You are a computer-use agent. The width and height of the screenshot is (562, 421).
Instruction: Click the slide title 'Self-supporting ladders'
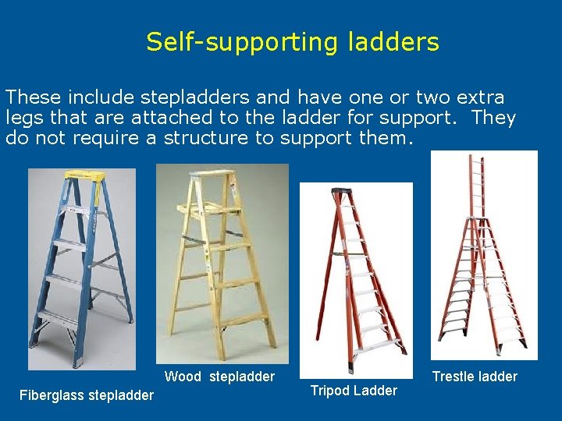(x=292, y=42)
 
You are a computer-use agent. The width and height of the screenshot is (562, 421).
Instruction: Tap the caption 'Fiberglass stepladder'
(x=86, y=395)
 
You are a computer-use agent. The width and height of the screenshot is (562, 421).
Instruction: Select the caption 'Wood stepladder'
(x=219, y=377)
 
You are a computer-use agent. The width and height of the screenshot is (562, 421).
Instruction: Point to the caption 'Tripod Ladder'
(x=354, y=391)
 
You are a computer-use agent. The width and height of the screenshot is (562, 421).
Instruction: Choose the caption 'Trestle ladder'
(x=475, y=377)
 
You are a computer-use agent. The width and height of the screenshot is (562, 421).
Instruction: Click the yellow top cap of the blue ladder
(x=81, y=176)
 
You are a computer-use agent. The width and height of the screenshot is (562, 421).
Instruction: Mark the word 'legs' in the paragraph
(x=22, y=119)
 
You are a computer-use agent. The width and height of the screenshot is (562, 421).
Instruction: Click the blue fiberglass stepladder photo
(x=81, y=269)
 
